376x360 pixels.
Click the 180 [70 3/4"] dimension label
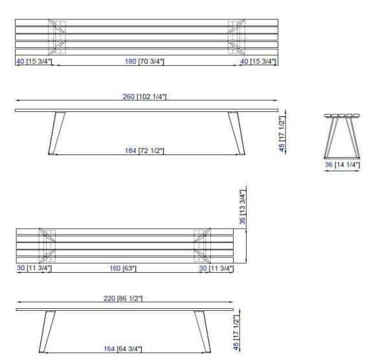145,61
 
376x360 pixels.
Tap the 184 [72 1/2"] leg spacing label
144,151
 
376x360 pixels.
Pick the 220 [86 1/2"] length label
124,299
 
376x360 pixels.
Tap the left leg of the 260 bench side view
56,133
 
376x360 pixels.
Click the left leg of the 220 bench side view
47,330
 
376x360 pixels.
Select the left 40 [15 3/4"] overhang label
34,61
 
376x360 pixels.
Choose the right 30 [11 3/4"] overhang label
216,269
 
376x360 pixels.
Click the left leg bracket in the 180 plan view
57,37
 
